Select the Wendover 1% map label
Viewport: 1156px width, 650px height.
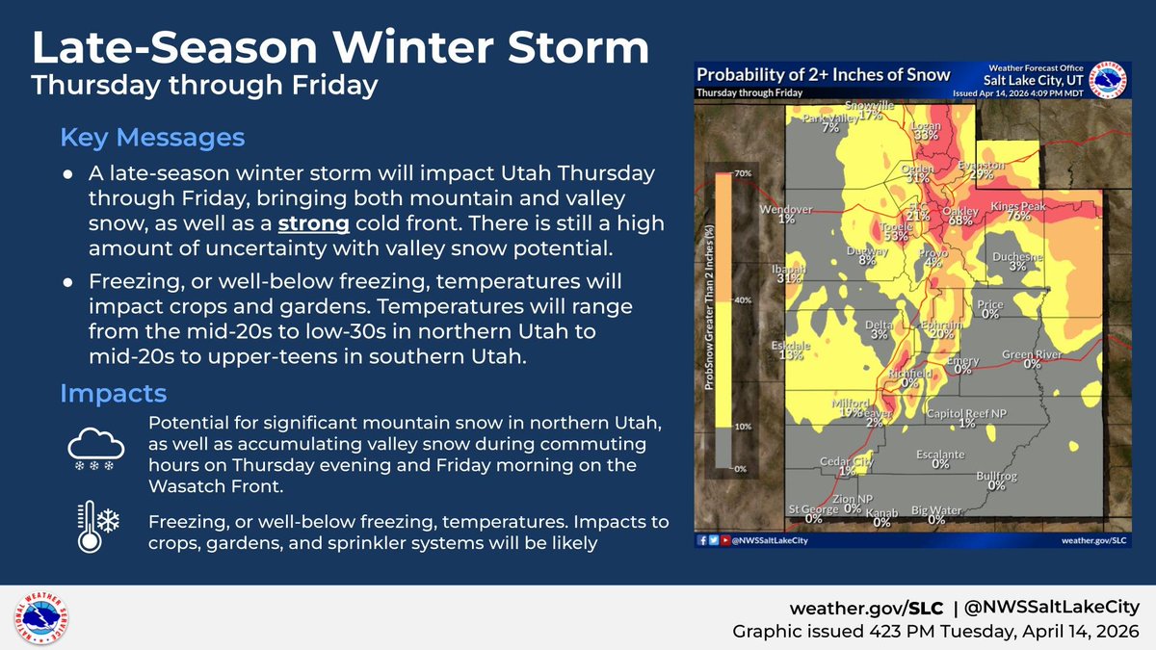coord(787,214)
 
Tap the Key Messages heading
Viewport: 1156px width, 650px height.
coord(152,138)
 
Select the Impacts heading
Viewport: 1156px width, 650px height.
coord(113,393)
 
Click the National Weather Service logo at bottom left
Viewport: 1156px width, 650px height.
coord(40,618)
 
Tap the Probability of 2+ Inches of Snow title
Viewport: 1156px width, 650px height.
coord(823,75)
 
